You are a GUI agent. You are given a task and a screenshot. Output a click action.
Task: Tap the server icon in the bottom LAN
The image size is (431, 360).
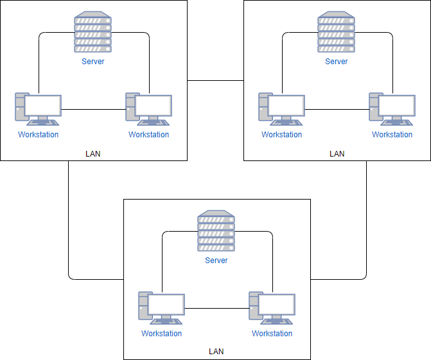pos(216,232)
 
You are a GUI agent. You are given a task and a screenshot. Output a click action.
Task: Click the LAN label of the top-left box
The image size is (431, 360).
pos(93,154)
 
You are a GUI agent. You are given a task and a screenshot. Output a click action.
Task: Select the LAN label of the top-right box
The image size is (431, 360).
pos(337,154)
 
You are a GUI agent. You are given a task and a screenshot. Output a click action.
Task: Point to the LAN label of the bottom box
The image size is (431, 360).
pos(216,352)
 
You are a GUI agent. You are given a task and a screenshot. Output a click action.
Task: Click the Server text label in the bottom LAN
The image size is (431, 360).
pos(216,261)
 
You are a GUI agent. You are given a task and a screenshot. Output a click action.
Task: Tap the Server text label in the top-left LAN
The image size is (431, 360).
pos(93,62)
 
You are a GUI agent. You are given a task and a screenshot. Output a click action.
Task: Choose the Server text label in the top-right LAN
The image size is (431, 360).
pos(336,62)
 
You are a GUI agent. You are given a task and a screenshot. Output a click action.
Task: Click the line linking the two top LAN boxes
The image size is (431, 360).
pos(215,81)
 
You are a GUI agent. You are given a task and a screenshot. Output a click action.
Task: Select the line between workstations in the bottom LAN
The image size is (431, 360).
pos(216,309)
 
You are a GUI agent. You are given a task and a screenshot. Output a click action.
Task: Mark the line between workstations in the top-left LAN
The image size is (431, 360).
pos(93,110)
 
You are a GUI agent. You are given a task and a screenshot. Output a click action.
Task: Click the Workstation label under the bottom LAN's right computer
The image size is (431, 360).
pos(272,334)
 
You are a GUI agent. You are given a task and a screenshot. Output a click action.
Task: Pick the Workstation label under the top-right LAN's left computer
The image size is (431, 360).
pos(281,135)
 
